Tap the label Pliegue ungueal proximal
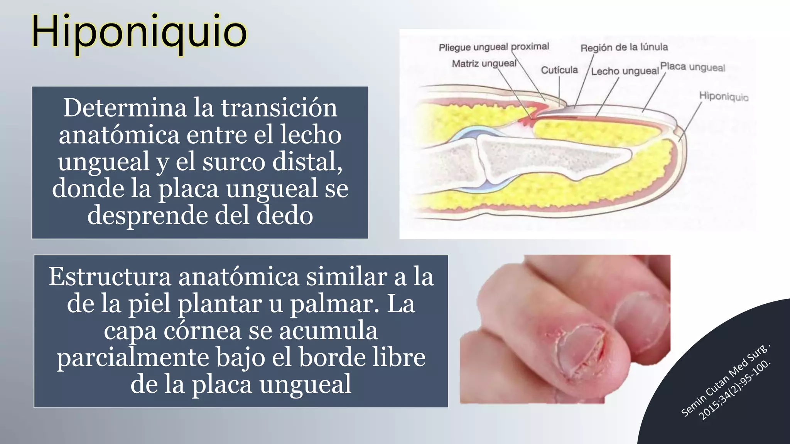pyautogui.click(x=494, y=47)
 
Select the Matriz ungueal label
pyautogui.click(x=484, y=63)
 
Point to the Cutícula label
pyautogui.click(x=559, y=70)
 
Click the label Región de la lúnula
pyautogui.click(x=624, y=47)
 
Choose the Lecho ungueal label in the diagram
pyautogui.click(x=625, y=71)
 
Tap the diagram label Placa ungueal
pyautogui.click(x=693, y=67)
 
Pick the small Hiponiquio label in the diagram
pyautogui.click(x=724, y=96)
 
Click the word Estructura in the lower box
pyautogui.click(x=110, y=277)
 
